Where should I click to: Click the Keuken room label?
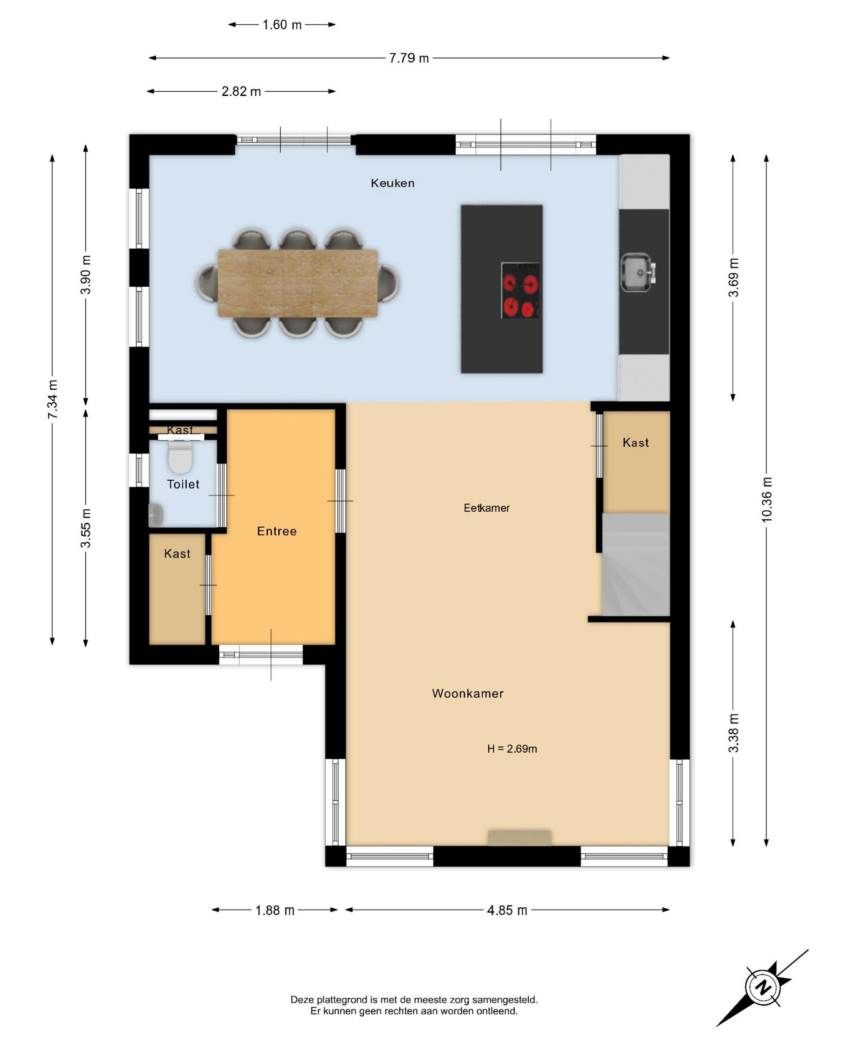(x=393, y=183)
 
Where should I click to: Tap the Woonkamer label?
(x=468, y=694)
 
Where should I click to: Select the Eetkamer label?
(x=486, y=508)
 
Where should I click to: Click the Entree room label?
(x=277, y=531)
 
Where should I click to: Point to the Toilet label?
(x=183, y=484)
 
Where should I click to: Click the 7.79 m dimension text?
(x=409, y=58)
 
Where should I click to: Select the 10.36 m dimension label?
(x=767, y=500)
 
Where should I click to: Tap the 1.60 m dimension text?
(x=282, y=25)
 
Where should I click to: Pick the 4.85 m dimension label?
(x=507, y=910)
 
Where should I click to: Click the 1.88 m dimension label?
(x=275, y=910)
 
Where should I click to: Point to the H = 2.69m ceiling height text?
(x=512, y=749)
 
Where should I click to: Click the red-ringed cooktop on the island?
(x=520, y=291)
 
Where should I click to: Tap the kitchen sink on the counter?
(x=638, y=272)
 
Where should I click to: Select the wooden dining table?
(x=297, y=283)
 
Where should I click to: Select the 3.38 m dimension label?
(x=733, y=733)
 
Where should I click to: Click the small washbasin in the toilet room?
(x=155, y=515)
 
